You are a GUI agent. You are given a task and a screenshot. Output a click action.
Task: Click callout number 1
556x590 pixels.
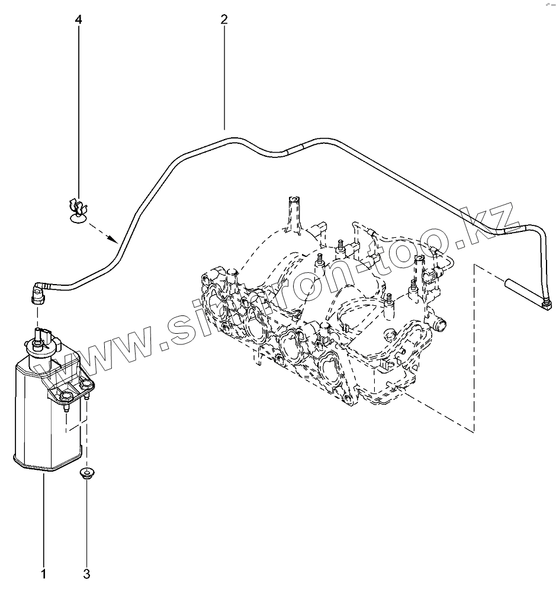click(43, 574)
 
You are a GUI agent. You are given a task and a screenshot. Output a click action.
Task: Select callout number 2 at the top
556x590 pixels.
click(224, 19)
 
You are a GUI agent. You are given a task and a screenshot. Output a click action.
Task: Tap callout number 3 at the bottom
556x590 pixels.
click(86, 574)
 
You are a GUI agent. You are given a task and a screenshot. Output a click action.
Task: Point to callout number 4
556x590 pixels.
click(79, 19)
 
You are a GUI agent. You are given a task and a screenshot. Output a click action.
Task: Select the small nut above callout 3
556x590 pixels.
click(87, 473)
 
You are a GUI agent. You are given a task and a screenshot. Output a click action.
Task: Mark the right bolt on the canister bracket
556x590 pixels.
click(86, 386)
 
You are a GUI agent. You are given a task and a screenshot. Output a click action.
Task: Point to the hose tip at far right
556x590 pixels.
click(546, 304)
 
